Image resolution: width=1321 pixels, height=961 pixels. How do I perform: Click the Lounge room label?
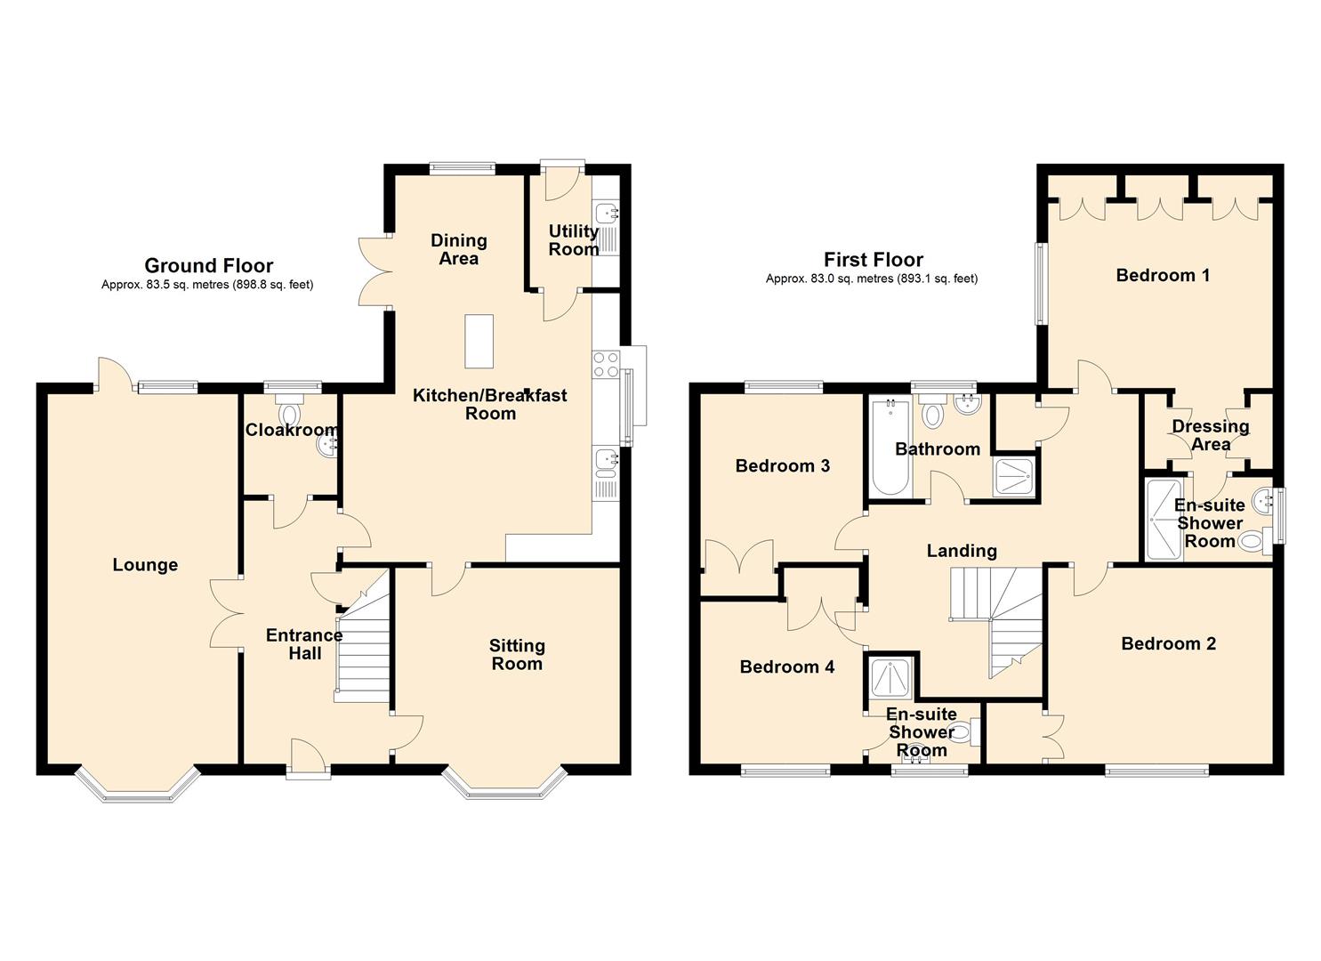point(145,565)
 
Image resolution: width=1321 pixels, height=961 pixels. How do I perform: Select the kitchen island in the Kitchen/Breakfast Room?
point(479,342)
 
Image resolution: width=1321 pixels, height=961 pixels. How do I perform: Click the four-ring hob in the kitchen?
point(606,364)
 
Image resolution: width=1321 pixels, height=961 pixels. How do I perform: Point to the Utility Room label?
point(573,240)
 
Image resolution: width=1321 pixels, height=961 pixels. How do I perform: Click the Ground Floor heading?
point(209,265)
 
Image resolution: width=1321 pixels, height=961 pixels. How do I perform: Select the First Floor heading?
point(874,260)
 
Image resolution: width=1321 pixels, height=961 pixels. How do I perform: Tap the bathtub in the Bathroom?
point(890,448)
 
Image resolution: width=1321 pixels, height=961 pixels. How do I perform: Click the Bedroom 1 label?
point(1163,275)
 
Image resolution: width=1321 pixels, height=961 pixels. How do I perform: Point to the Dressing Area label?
point(1210,435)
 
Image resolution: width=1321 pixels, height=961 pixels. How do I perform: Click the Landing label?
point(962,551)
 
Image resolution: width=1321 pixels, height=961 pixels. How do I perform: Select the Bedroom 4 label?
point(787,666)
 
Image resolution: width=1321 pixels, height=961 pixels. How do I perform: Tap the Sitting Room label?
point(517,654)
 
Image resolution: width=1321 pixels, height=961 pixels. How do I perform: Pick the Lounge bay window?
point(137,784)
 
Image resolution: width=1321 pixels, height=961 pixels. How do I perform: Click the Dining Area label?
point(459,249)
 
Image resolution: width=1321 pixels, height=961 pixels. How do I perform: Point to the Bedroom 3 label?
point(783,466)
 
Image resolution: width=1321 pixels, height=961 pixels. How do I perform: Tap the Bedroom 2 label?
point(1169,643)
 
